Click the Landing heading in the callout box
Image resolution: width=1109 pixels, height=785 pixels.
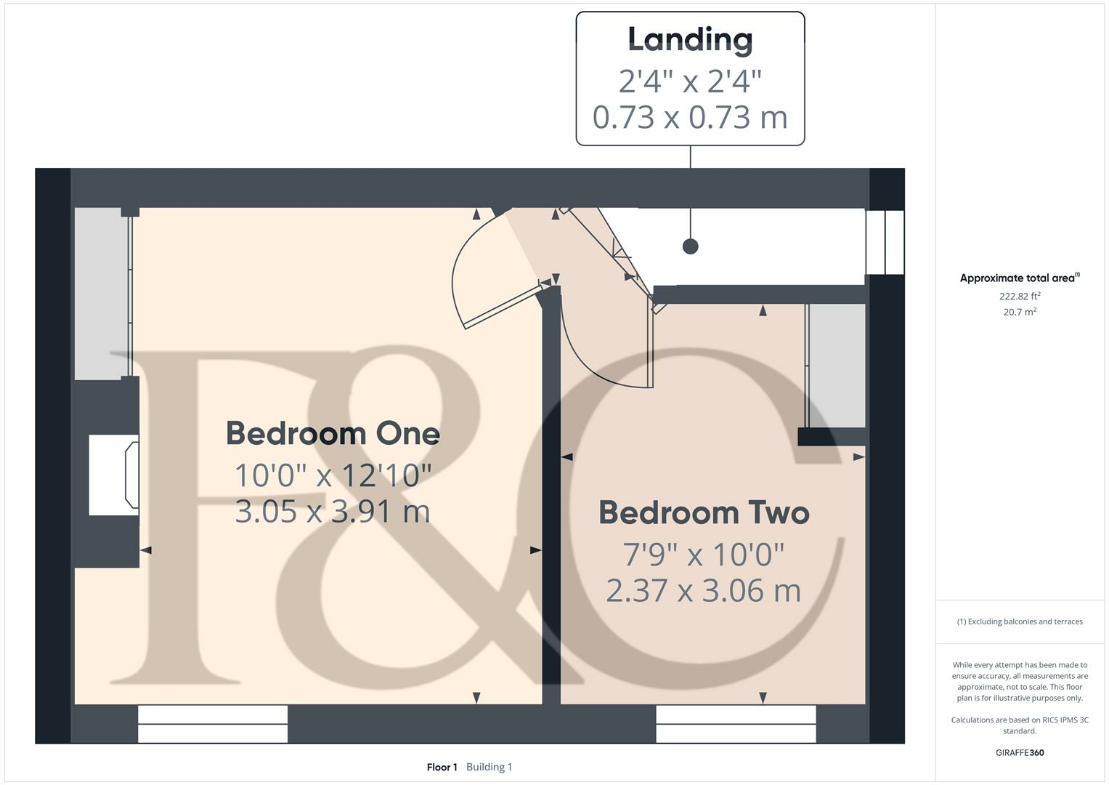(690, 40)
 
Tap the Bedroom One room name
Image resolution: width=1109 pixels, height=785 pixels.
(333, 433)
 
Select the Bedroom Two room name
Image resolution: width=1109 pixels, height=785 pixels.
(704, 512)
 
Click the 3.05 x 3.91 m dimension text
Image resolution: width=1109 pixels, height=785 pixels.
(333, 511)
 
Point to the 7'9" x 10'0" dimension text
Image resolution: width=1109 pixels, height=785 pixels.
(704, 555)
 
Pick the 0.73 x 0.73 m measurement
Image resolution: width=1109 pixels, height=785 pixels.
(690, 117)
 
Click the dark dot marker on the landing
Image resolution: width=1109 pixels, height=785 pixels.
(690, 246)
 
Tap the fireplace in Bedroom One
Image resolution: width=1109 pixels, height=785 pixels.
(114, 475)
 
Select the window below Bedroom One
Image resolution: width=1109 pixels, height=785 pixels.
(213, 724)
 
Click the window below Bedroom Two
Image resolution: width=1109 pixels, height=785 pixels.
(736, 724)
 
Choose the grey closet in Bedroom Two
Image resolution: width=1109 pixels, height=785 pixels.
(837, 366)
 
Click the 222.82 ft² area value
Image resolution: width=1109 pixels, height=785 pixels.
(1020, 296)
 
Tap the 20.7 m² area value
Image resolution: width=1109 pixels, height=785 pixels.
(1020, 312)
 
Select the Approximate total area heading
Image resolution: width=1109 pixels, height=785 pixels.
(1019, 278)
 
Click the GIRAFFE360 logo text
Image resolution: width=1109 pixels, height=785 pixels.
(1020, 752)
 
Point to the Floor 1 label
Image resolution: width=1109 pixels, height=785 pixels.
(442, 767)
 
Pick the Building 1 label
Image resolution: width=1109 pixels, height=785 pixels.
(489, 767)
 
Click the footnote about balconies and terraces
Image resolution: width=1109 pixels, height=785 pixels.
(1020, 621)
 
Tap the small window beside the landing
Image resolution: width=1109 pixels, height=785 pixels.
(885, 242)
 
